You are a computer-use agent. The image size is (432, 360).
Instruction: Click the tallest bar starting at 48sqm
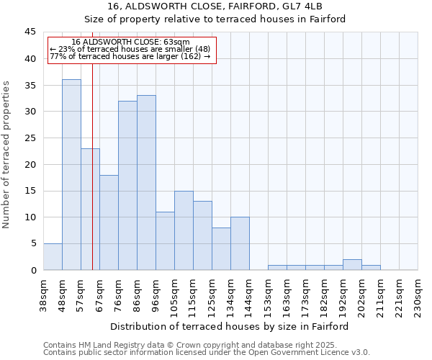(x=71, y=175)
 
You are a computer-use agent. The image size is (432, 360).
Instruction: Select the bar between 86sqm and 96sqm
(x=146, y=183)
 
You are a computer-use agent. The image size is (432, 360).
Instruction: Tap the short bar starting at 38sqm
(x=53, y=257)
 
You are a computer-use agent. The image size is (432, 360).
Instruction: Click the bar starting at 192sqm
(x=352, y=265)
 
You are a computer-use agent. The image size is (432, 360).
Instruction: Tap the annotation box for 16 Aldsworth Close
(x=131, y=50)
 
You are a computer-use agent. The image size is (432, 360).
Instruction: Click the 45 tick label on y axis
(x=30, y=32)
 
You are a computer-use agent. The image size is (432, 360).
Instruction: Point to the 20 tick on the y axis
(x=30, y=164)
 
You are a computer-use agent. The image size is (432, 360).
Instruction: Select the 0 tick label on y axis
(x=33, y=270)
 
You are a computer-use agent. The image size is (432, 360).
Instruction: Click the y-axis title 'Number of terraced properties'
(x=7, y=155)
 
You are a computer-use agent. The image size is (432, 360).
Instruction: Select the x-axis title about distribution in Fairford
(x=230, y=326)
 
